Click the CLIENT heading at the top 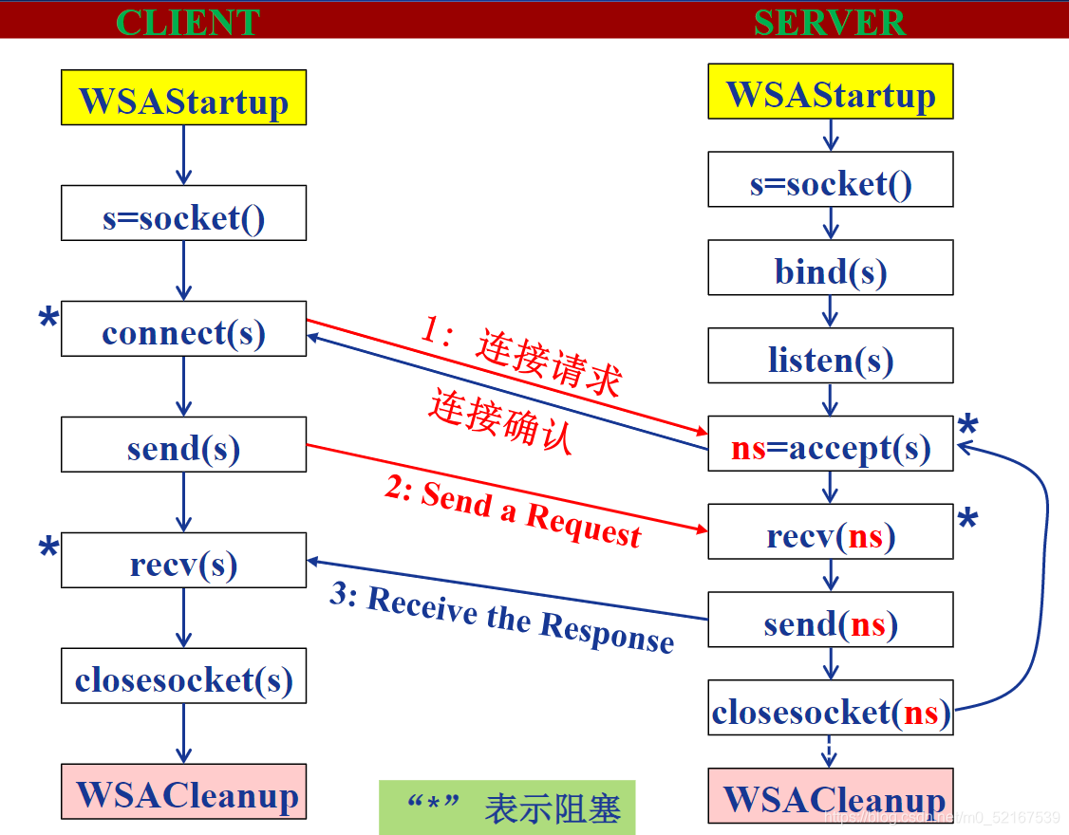pyautogui.click(x=187, y=22)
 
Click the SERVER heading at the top pyautogui.click(x=830, y=22)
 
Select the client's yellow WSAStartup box pyautogui.click(x=183, y=98)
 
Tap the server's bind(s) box pyautogui.click(x=831, y=272)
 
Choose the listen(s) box pyautogui.click(x=831, y=360)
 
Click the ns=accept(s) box pyautogui.click(x=831, y=448)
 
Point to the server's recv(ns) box pyautogui.click(x=831, y=536)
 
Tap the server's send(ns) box pyautogui.click(x=831, y=623)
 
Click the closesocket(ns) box pyautogui.click(x=831, y=712)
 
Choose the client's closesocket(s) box pyautogui.click(x=183, y=680)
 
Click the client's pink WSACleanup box pyautogui.click(x=183, y=795)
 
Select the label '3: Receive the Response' pyautogui.click(x=502, y=619)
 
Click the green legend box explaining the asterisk pyautogui.click(x=507, y=807)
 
